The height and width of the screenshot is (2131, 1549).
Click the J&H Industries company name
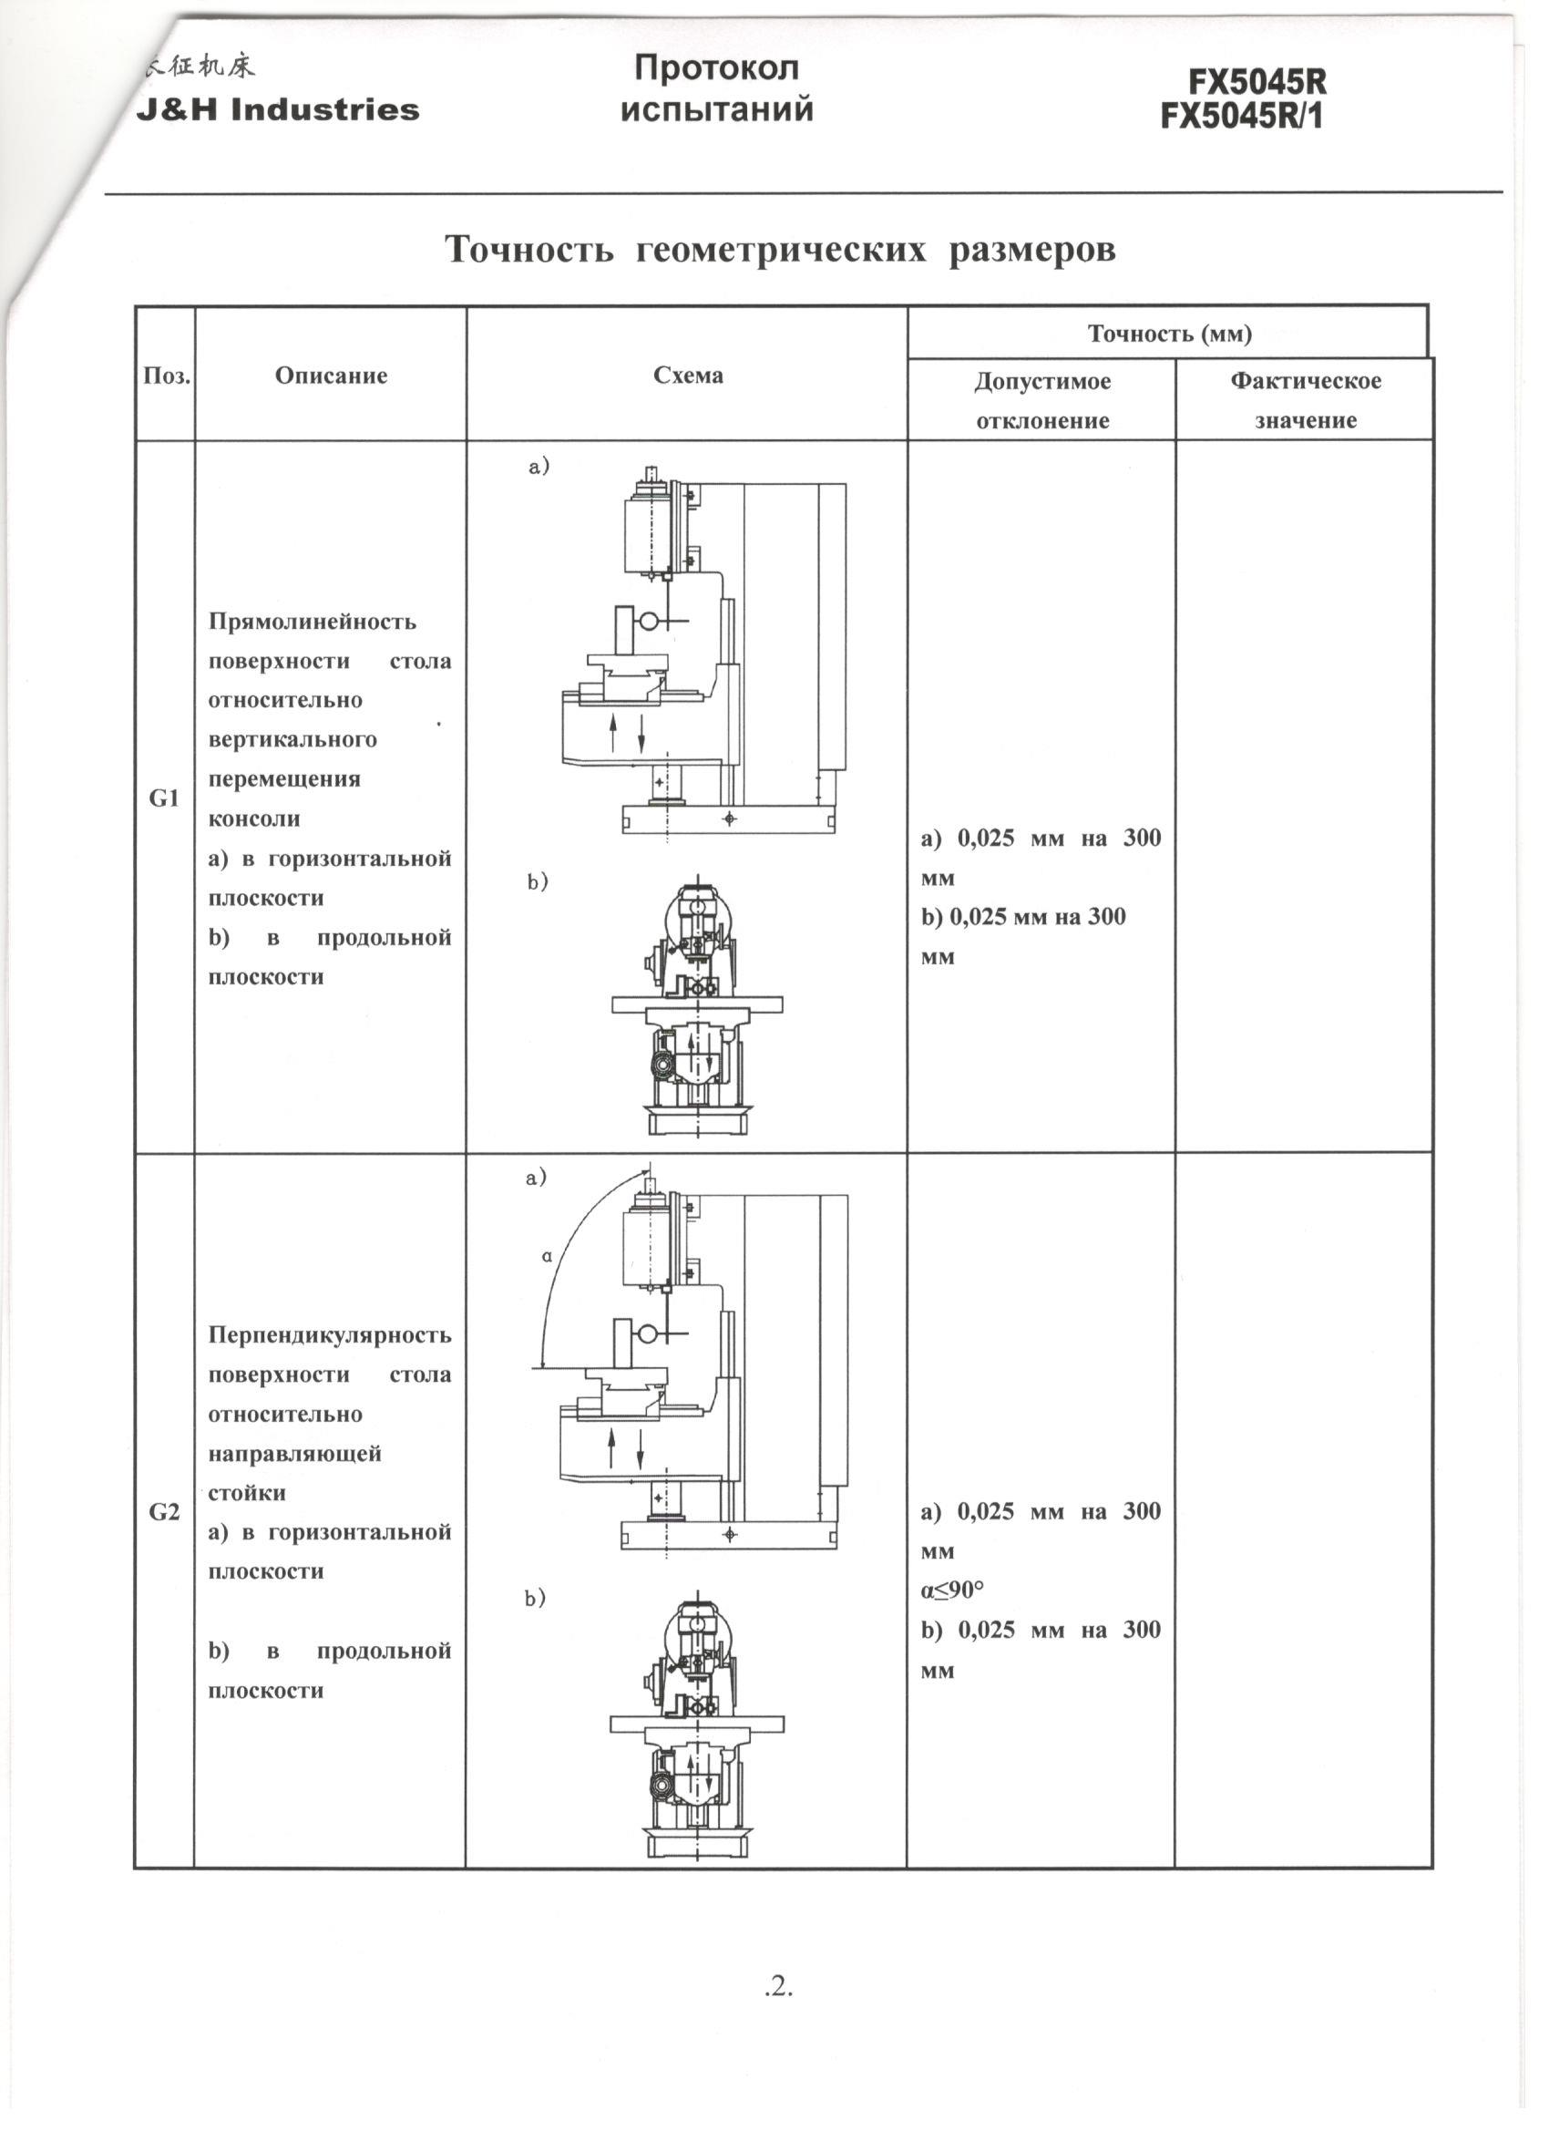click(x=277, y=110)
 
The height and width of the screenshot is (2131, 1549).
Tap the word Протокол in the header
click(x=716, y=68)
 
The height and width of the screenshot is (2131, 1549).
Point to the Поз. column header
click(x=166, y=376)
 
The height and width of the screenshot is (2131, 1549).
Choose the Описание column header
click(x=331, y=376)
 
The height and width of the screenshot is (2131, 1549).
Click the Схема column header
click(x=688, y=376)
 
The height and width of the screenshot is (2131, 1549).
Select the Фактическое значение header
click(x=1305, y=400)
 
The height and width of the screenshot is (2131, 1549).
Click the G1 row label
click(x=164, y=798)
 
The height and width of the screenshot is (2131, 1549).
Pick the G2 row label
click(x=164, y=1513)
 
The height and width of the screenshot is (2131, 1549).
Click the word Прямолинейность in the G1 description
click(x=312, y=622)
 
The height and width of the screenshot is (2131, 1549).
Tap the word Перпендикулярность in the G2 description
click(x=329, y=1335)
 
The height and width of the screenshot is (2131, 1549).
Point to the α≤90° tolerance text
click(x=951, y=1590)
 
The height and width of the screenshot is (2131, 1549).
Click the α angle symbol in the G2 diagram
click(x=547, y=1256)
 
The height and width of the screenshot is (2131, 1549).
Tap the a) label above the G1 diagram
click(x=539, y=466)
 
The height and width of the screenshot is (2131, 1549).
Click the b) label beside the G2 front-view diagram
click(x=536, y=1599)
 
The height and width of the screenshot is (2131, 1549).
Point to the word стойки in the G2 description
click(x=246, y=1493)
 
